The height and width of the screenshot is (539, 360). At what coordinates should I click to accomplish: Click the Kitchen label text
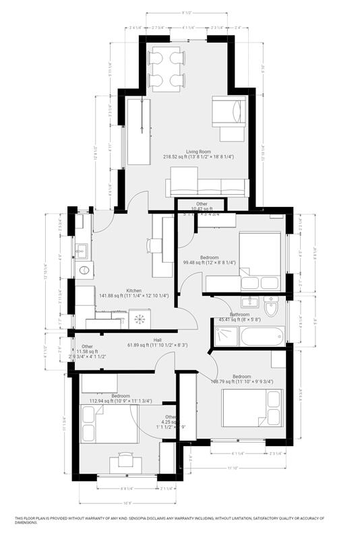tap(133, 291)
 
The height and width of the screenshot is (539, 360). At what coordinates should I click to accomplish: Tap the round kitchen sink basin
tap(85, 271)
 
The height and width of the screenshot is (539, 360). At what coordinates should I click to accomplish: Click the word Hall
tap(157, 340)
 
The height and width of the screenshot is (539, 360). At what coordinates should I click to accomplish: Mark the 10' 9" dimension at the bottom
tap(127, 502)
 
